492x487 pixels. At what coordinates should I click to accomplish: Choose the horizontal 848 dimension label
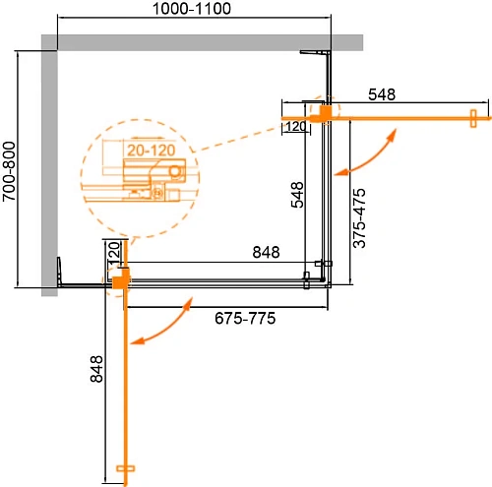pos(265,252)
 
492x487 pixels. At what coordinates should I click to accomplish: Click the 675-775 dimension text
pos(245,319)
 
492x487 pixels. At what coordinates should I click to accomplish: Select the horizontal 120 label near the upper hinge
pos(294,126)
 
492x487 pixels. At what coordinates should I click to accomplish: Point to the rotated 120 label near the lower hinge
pos(114,254)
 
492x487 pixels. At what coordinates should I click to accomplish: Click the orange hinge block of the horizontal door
pos(320,114)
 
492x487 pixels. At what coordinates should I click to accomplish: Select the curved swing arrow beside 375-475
pos(368,154)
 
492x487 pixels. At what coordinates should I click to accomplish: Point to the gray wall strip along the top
pos(197,41)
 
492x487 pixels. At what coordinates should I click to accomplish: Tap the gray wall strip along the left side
pos(49,167)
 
